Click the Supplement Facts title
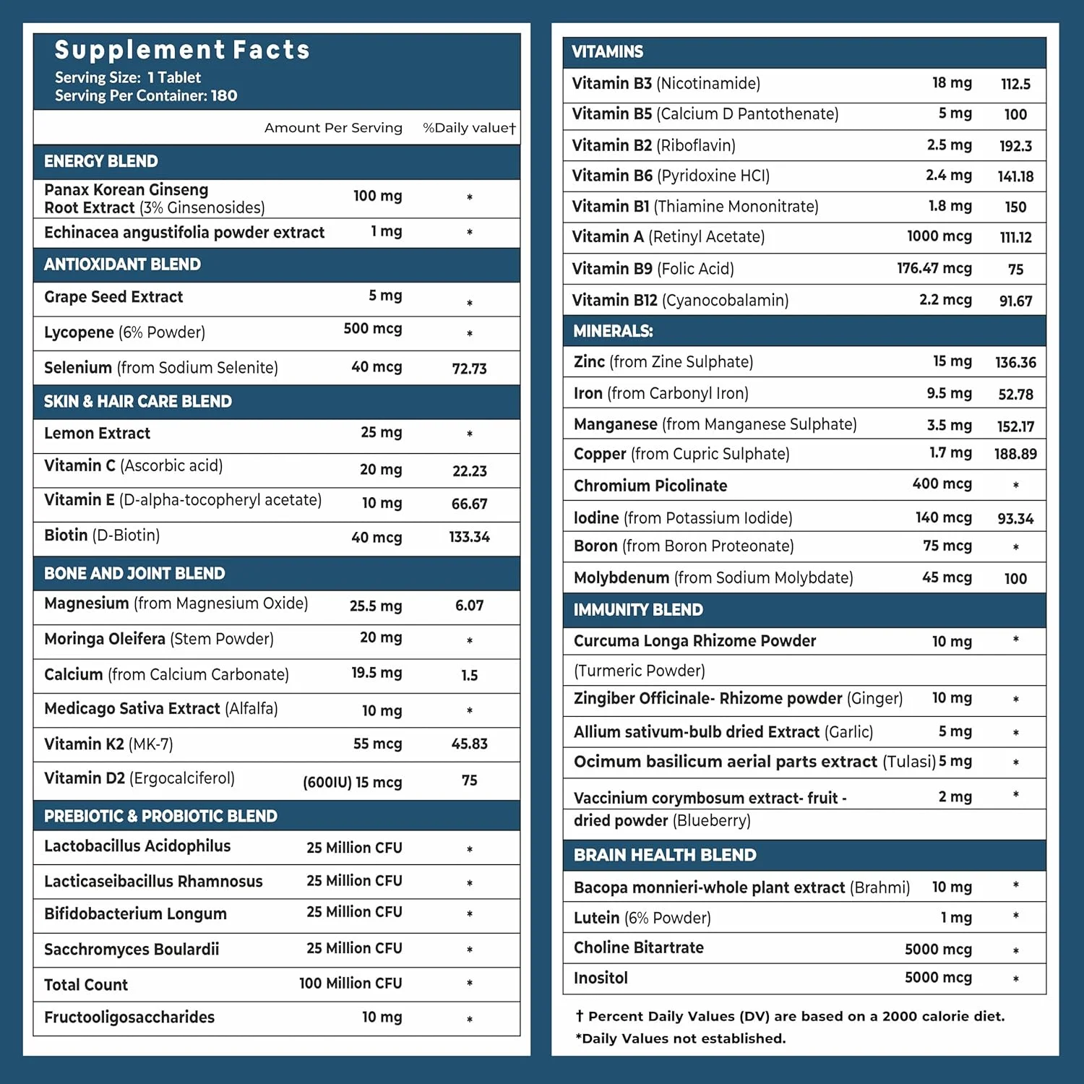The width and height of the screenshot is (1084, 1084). (182, 50)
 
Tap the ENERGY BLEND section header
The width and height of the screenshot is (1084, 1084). (100, 161)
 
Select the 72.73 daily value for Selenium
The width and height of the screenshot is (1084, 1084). (469, 369)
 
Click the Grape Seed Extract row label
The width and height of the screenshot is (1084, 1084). (113, 297)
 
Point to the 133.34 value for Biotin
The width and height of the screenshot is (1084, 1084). (469, 537)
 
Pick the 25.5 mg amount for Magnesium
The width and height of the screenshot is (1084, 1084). (376, 606)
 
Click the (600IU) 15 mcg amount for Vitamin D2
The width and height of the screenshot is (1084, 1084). (352, 782)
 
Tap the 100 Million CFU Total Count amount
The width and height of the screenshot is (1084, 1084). (350, 984)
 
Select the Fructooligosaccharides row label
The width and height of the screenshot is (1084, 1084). (129, 1018)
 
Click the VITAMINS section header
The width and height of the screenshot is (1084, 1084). (607, 52)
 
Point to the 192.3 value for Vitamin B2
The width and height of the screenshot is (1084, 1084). (1015, 146)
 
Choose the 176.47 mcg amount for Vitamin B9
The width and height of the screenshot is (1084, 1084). (934, 268)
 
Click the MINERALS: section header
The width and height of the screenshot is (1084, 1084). (613, 331)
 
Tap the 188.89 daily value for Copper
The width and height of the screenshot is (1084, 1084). (1015, 454)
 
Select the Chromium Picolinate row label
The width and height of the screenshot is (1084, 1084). (650, 486)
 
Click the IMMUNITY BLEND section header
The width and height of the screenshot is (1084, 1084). (638, 610)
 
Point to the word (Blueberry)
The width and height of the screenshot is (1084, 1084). (711, 821)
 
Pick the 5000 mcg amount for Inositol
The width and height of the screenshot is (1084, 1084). (938, 978)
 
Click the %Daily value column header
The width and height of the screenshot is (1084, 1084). (469, 128)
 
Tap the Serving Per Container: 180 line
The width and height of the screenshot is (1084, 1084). (146, 95)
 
